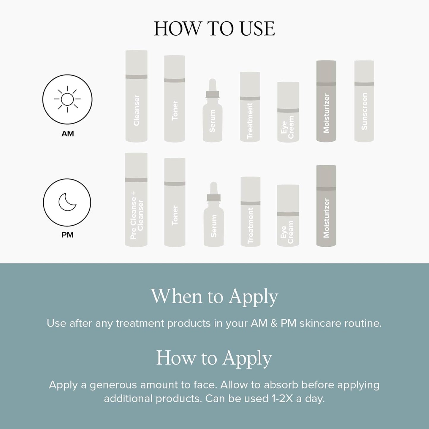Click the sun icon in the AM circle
pos(67,99)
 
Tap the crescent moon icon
pos(67,202)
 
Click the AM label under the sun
pos(67,134)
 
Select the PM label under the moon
pos(67,235)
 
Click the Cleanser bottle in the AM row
pos(136,96)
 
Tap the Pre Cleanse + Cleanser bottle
pos(136,200)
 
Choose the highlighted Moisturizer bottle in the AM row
pos(326,101)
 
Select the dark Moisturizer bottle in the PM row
pos(326,206)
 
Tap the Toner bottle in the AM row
pos(175,99)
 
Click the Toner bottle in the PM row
pos(175,202)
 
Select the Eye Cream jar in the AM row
pos(288,112)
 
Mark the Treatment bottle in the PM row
pos(250,211)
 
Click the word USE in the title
pos(257,29)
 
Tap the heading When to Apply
pos(214,296)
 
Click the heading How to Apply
pos(214,358)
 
